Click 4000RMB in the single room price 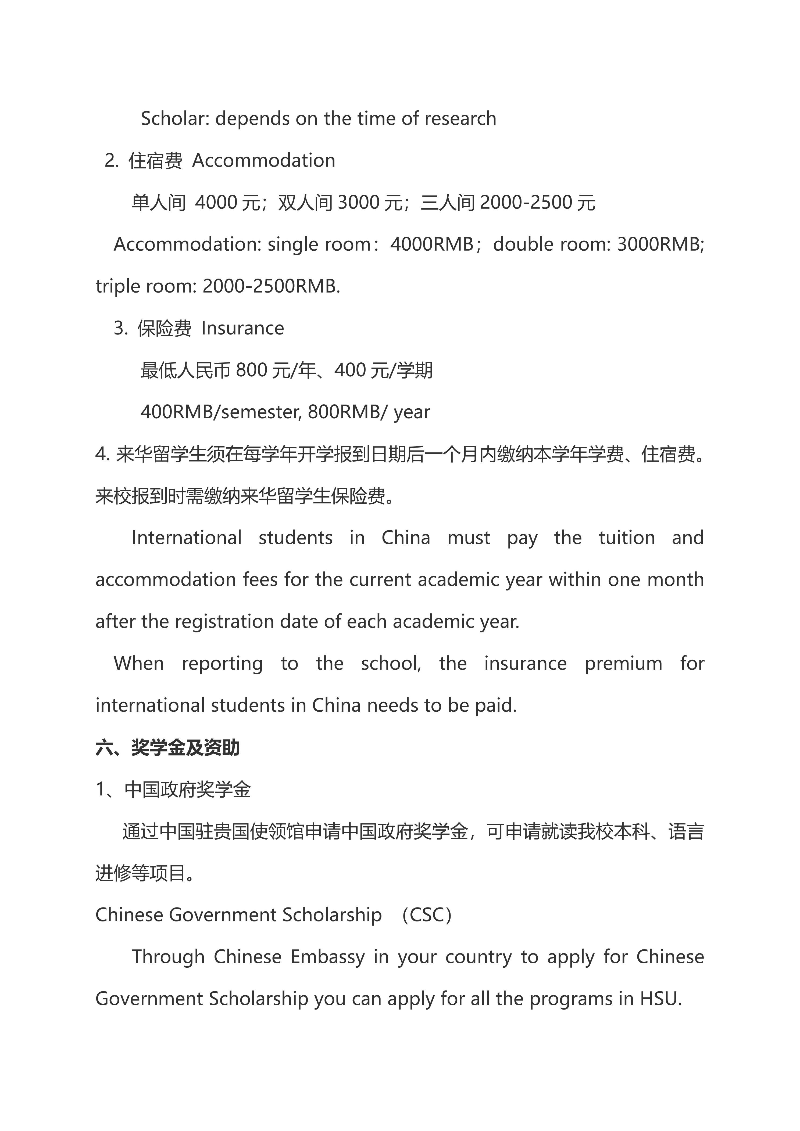pyautogui.click(x=432, y=244)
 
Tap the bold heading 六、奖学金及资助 pyautogui.click(x=167, y=748)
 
